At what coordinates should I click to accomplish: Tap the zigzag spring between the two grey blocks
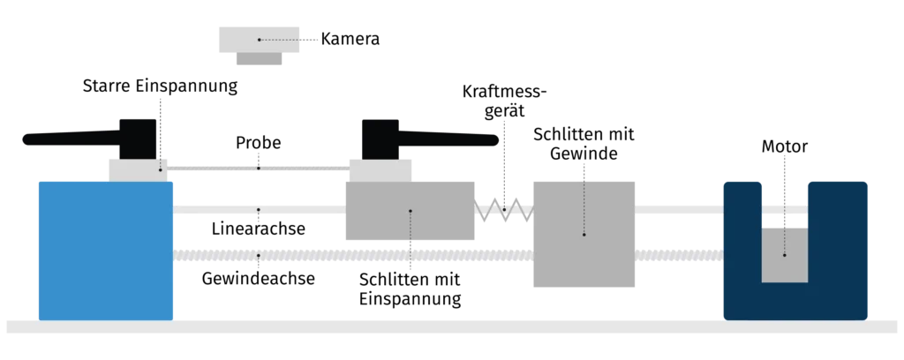(x=505, y=211)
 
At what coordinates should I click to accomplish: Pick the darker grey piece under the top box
(x=258, y=62)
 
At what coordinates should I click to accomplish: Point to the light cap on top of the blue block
(x=137, y=169)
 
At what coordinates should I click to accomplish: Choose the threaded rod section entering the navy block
(x=678, y=256)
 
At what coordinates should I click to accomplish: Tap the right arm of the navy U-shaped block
(x=837, y=247)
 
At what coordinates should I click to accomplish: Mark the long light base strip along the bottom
(x=452, y=327)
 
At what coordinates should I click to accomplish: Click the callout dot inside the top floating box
(x=259, y=40)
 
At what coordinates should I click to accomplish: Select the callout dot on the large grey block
(x=584, y=235)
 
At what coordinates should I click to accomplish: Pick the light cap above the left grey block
(x=380, y=169)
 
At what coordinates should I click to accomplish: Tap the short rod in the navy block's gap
(x=785, y=211)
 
